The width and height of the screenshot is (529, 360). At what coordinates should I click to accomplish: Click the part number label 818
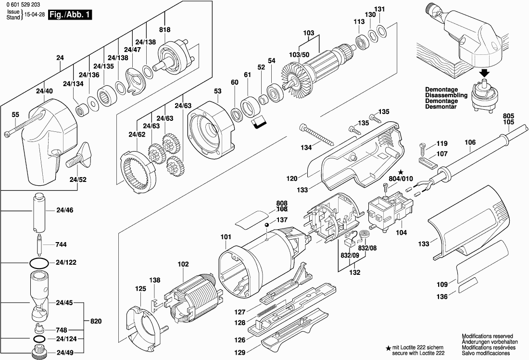tap(164, 30)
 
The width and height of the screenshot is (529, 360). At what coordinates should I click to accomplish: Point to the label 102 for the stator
tap(183, 264)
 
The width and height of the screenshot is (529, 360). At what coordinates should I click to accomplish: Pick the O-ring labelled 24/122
tap(39, 263)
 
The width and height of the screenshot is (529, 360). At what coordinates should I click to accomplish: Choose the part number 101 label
tap(226, 237)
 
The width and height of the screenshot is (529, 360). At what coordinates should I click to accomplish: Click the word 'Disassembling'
tap(446, 95)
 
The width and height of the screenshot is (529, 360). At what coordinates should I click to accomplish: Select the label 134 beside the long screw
tap(306, 147)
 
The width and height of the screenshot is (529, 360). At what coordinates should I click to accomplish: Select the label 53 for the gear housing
tap(218, 91)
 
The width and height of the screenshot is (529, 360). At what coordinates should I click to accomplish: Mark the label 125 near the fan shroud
tap(140, 289)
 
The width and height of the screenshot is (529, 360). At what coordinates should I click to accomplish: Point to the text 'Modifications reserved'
tap(487, 336)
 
